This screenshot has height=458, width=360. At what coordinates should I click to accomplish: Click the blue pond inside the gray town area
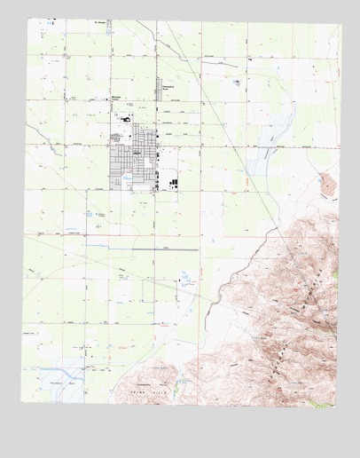click(127, 178)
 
